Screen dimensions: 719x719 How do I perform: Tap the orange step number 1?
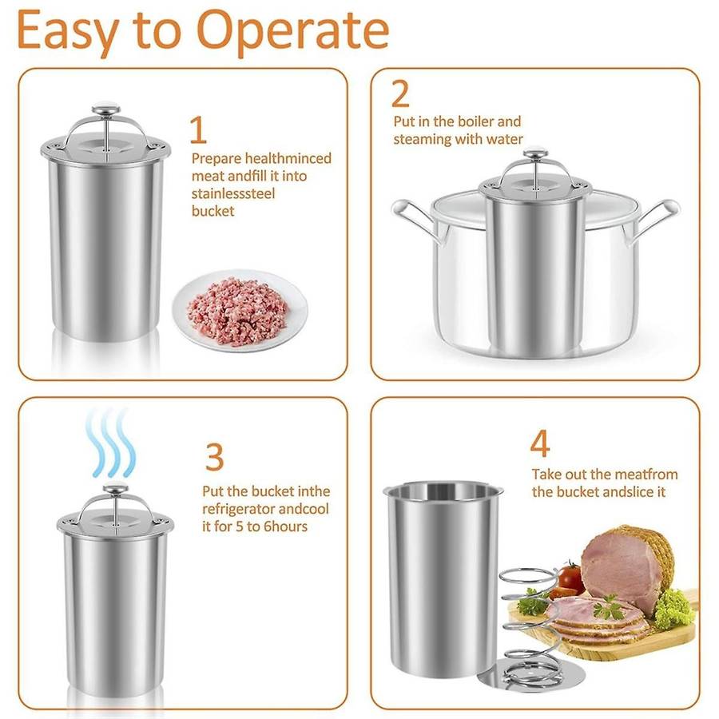point(197,130)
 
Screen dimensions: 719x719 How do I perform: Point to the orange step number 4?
point(540,444)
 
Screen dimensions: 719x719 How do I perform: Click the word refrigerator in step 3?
point(240,509)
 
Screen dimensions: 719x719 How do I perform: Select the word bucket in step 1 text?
point(213,211)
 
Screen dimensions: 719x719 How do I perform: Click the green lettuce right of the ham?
point(673,607)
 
